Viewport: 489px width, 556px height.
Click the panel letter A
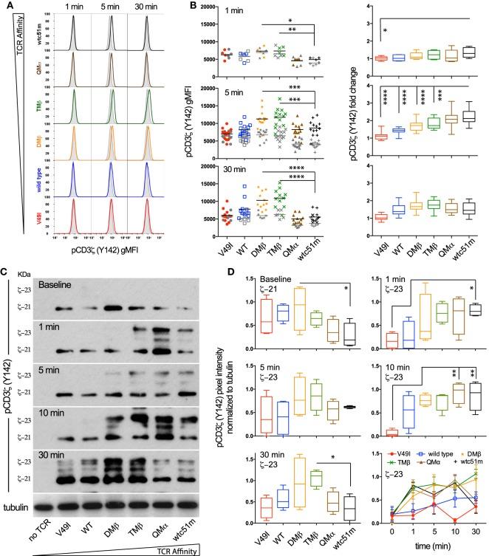(6, 6)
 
